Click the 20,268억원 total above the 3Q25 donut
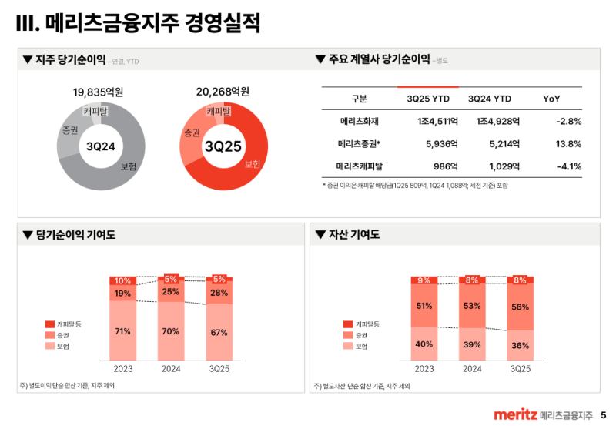[223, 92]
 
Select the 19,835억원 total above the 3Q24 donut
[99, 92]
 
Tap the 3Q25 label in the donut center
[223, 146]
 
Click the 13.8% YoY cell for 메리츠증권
[568, 144]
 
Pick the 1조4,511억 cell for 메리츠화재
[428, 121]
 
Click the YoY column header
[551, 99]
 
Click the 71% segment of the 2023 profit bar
[122, 331]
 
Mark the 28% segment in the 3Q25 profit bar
[219, 293]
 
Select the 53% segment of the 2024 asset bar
[472, 306]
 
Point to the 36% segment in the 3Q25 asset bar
[520, 345]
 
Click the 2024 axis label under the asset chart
[472, 369]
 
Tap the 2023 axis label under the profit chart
[122, 369]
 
